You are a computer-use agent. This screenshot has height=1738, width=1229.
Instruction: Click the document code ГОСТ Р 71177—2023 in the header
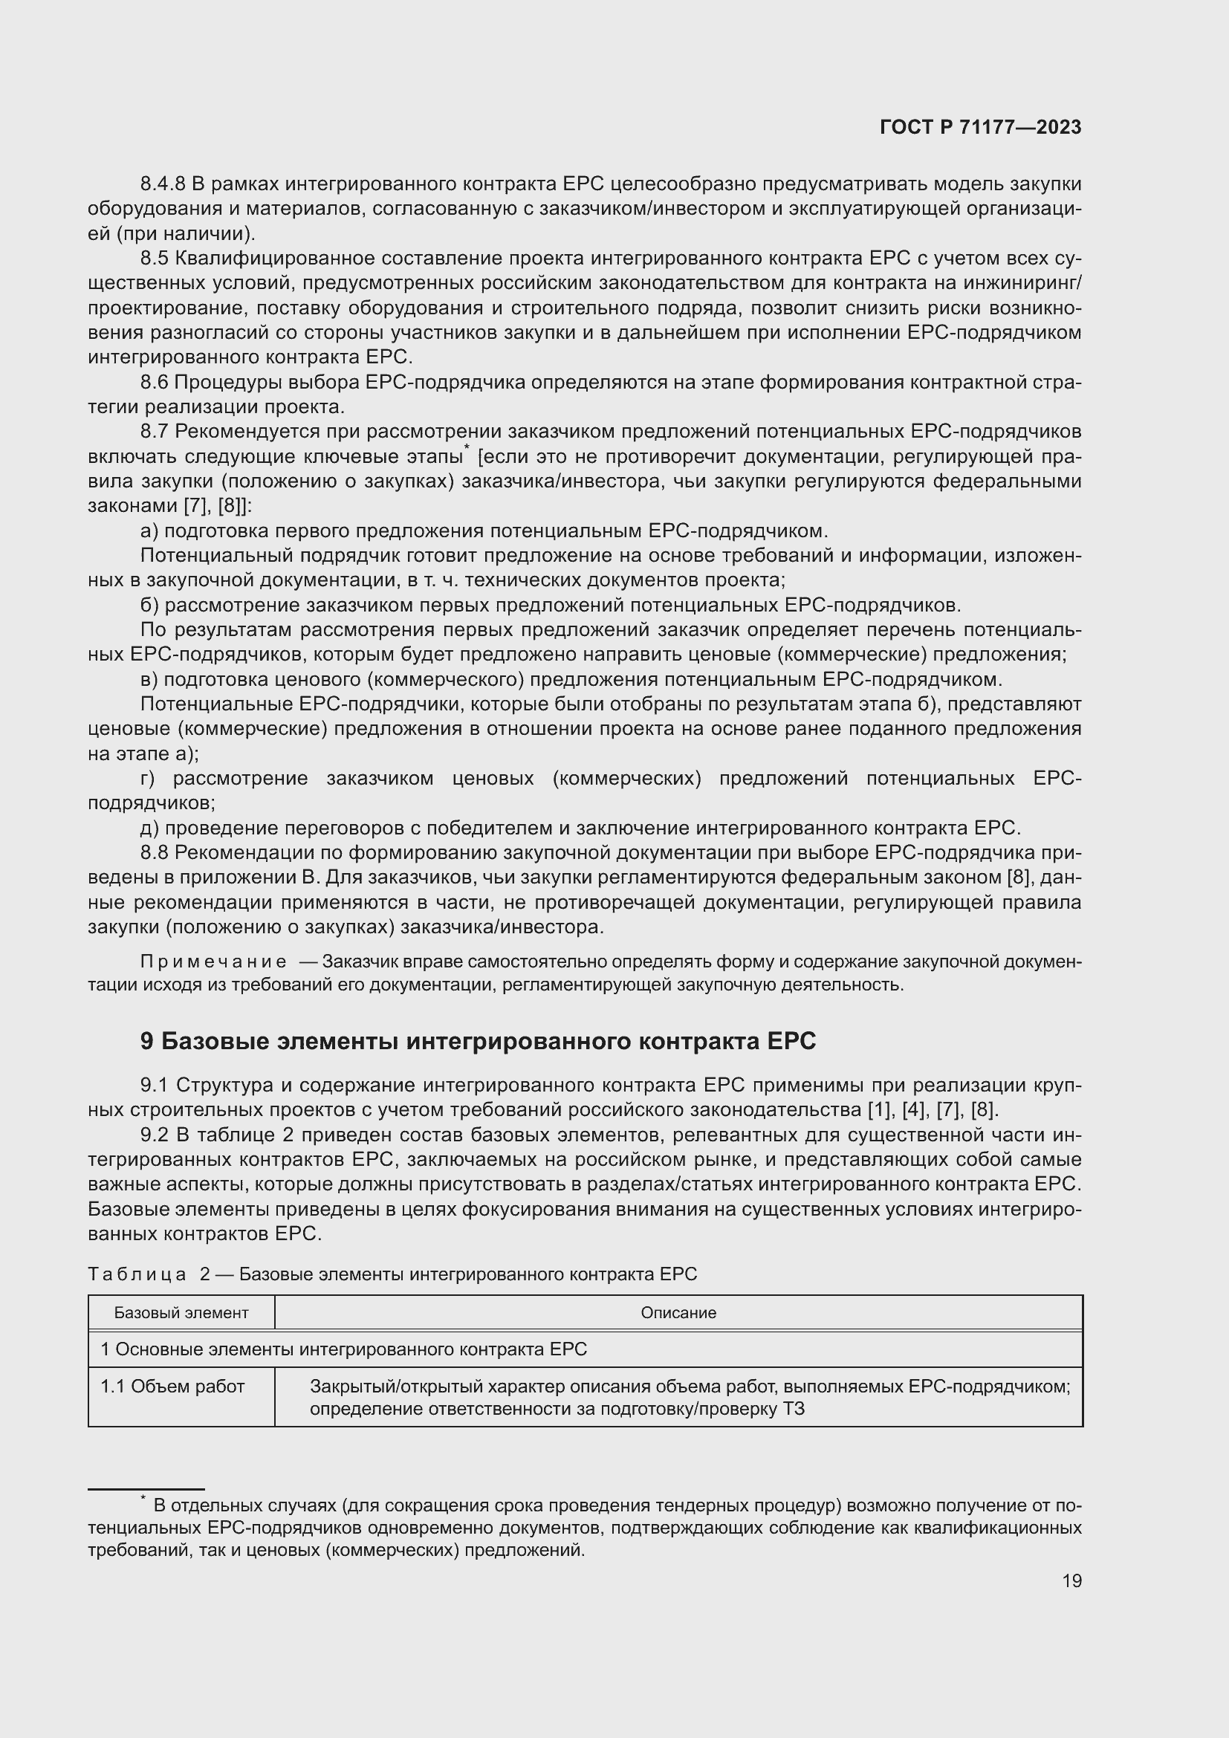981,128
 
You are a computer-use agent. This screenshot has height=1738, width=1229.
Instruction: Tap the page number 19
1071,1580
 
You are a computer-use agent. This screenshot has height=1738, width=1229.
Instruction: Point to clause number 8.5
155,258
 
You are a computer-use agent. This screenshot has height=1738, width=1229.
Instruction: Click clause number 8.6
155,382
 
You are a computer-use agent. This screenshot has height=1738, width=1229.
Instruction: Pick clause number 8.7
155,432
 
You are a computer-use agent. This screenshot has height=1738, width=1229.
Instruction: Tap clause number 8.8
155,853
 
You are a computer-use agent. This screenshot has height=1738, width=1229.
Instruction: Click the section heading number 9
147,1042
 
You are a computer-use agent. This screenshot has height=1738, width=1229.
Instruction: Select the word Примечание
213,962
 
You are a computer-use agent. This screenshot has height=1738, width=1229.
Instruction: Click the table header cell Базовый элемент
181,1312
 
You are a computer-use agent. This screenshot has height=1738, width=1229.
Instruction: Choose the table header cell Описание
678,1312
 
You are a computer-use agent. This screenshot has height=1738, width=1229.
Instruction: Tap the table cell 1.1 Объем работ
172,1387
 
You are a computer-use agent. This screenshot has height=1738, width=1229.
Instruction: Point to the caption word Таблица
137,1274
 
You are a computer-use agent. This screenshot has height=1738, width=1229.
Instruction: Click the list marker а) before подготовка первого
149,531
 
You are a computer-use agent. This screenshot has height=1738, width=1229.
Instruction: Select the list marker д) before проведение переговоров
150,828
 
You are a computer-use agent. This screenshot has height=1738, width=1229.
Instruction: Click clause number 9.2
155,1135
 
